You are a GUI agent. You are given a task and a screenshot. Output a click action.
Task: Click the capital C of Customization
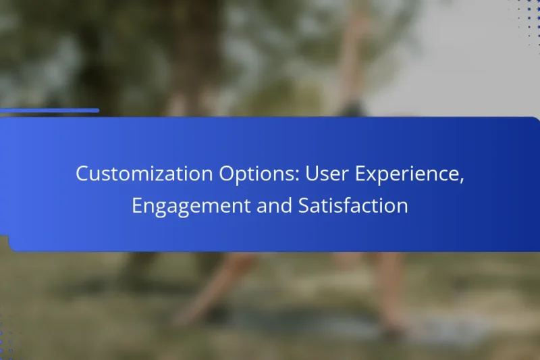[x=82, y=174]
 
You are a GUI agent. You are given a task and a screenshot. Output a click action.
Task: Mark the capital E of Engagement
[x=137, y=206]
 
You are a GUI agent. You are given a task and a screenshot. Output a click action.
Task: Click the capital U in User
[x=312, y=174]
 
